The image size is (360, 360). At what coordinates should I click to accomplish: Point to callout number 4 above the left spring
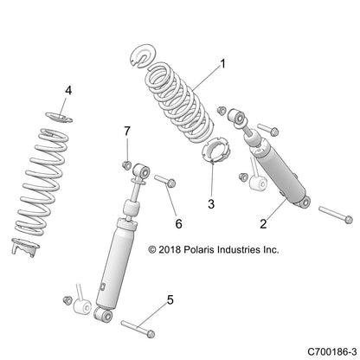[69, 89]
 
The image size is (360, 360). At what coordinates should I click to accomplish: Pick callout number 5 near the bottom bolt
[170, 299]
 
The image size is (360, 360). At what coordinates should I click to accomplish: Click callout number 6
[178, 223]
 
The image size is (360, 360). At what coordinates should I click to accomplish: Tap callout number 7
[126, 130]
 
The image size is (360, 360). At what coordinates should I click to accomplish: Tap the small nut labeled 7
[126, 165]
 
